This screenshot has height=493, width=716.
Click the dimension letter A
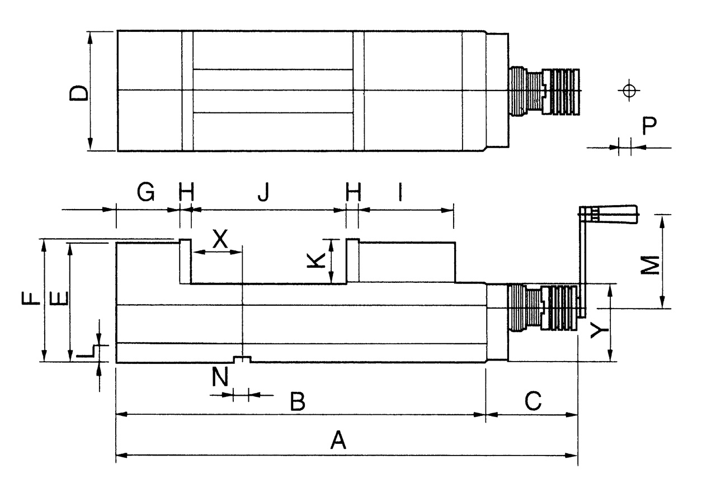(x=338, y=440)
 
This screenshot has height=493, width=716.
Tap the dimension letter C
(x=533, y=401)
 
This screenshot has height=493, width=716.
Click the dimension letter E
(x=59, y=298)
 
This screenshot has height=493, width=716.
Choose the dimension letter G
(x=145, y=193)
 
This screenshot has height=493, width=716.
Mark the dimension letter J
(x=263, y=193)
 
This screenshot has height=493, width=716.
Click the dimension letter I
(x=399, y=193)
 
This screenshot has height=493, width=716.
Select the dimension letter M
(x=649, y=266)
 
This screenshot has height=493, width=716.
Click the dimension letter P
(x=649, y=126)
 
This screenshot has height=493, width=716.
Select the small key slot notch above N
(x=242, y=359)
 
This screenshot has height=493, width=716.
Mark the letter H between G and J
(x=186, y=193)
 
